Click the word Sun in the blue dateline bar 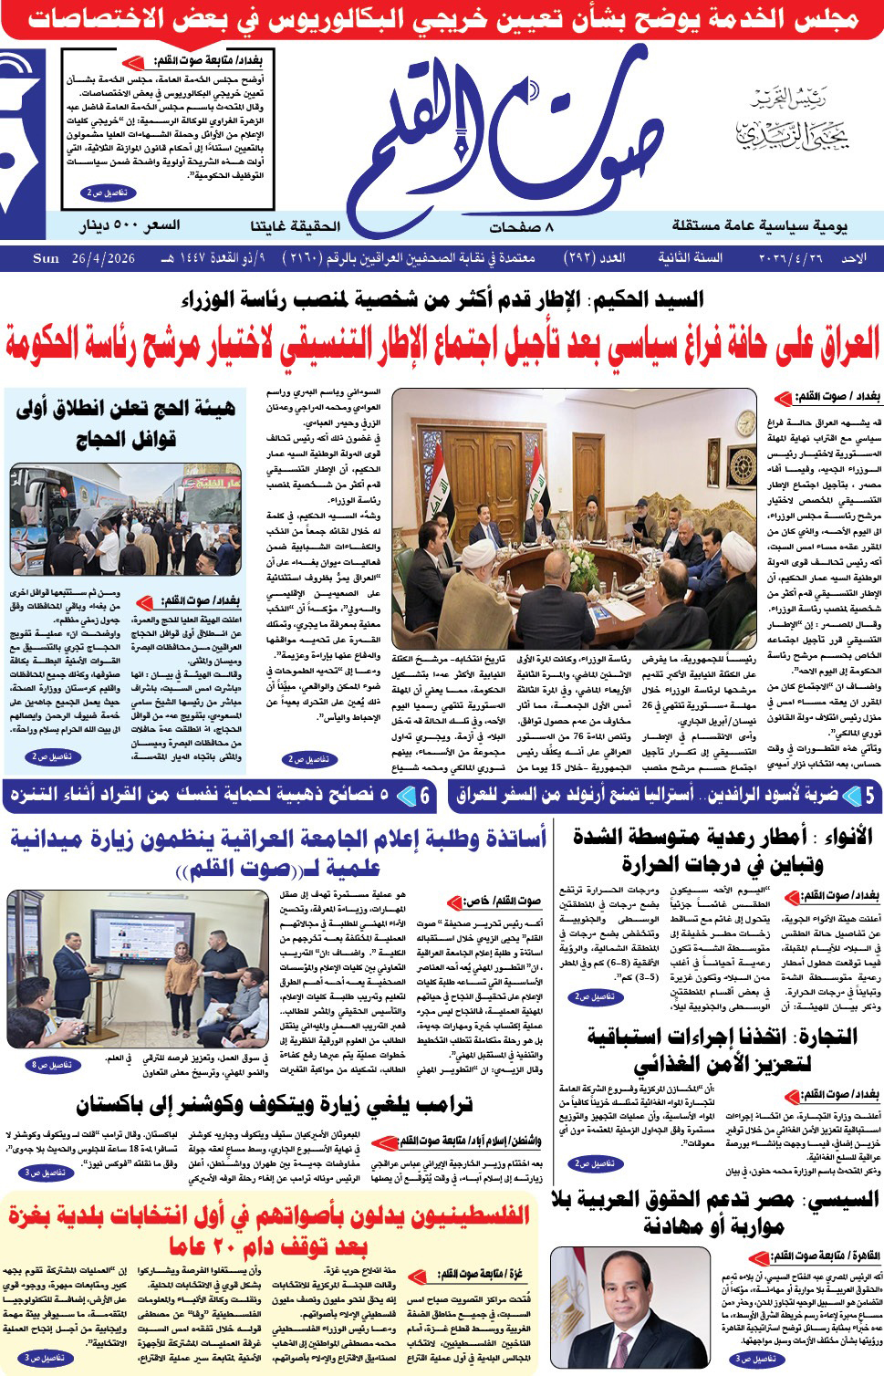(x=46, y=258)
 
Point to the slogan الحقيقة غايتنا (x=295, y=225)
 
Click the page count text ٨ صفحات (x=521, y=226)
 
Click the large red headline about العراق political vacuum (x=442, y=342)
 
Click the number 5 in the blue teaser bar (x=869, y=796)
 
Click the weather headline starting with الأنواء (x=723, y=850)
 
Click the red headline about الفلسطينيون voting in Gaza (x=269, y=1228)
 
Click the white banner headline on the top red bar (x=442, y=18)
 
